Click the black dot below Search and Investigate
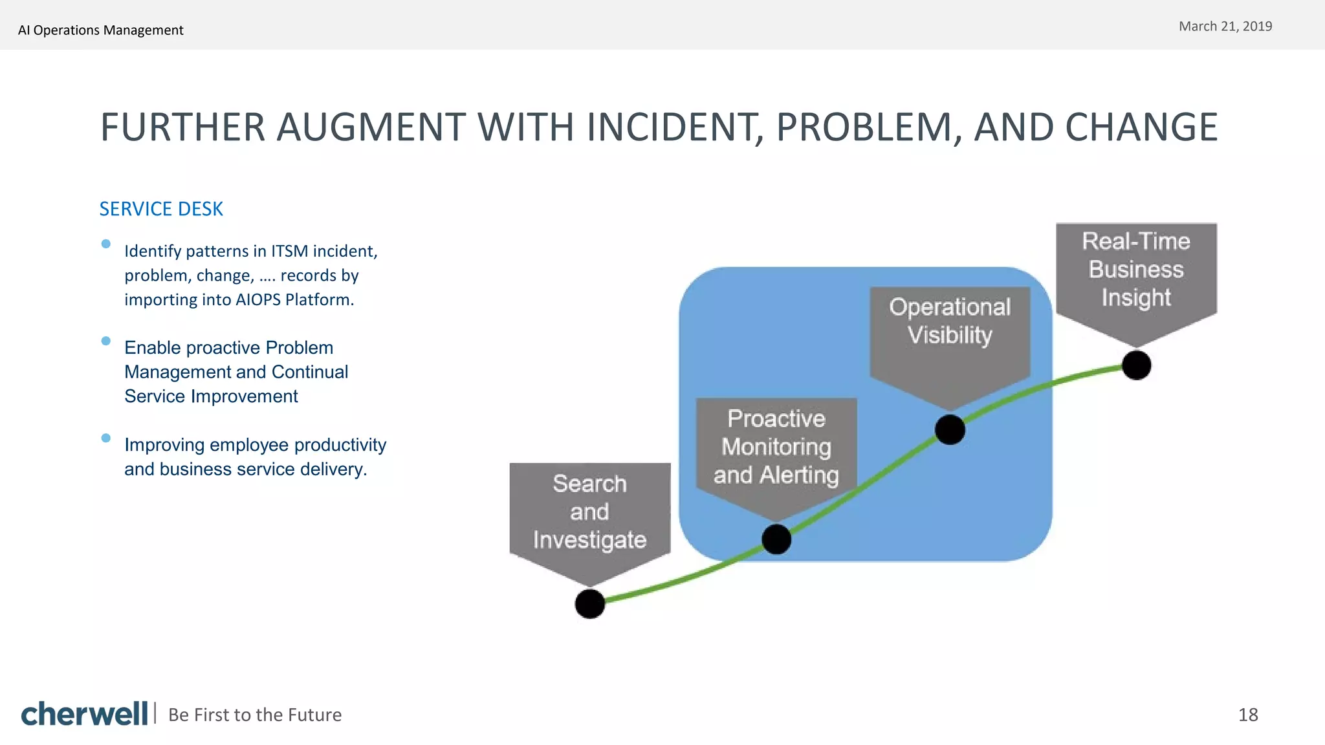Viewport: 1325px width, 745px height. click(x=589, y=603)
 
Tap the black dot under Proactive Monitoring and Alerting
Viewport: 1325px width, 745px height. click(x=776, y=539)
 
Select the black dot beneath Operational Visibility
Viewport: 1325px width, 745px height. click(x=950, y=429)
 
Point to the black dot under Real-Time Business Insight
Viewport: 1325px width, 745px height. click(x=1136, y=365)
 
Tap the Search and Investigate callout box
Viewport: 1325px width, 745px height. click(x=589, y=512)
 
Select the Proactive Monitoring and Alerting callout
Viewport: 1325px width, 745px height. click(x=776, y=447)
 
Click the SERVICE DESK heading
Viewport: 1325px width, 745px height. click(x=161, y=209)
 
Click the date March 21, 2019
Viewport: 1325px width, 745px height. click(x=1225, y=27)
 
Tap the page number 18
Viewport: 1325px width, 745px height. click(x=1248, y=715)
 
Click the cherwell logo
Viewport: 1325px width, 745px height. click(x=84, y=714)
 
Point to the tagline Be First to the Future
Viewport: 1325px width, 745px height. click(x=255, y=715)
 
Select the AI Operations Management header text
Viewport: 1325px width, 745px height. click(x=101, y=30)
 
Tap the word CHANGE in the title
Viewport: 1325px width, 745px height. click(x=1141, y=127)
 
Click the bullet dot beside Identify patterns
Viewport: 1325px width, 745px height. click(x=106, y=244)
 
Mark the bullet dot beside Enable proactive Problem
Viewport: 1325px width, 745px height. click(x=106, y=341)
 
